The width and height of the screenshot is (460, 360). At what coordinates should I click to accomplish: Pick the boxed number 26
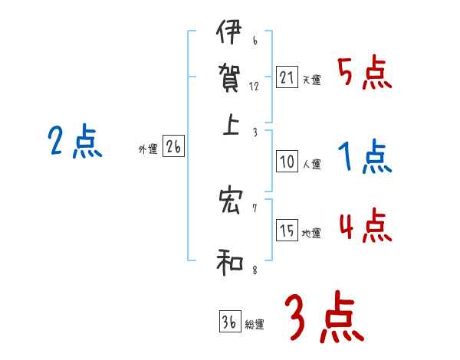173,147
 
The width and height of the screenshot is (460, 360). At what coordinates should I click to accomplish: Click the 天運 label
312,80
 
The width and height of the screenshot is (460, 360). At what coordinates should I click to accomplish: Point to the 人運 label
312,164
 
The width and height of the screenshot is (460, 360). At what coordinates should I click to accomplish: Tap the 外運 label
148,150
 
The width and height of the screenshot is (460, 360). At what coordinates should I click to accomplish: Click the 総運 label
255,325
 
